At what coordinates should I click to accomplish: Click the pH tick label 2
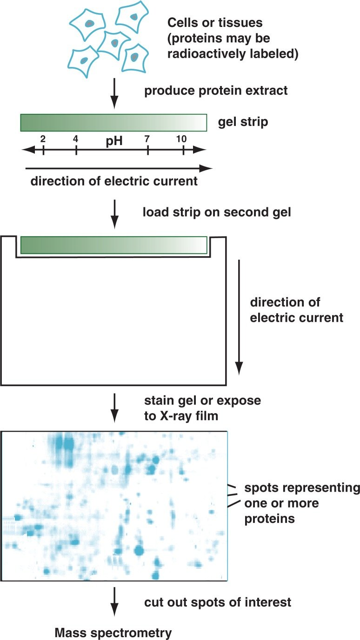tap(43, 139)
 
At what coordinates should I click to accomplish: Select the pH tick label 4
tap(76, 139)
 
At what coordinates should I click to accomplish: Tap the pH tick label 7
tap(147, 139)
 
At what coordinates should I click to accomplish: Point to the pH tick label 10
tap(182, 139)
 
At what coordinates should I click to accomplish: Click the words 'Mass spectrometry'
tap(113, 632)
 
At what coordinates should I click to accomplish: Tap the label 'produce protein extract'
tap(216, 90)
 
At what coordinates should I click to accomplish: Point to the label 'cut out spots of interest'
tap(218, 602)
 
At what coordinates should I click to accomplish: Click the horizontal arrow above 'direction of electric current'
tap(119, 168)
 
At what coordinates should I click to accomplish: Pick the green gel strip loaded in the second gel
tap(113, 245)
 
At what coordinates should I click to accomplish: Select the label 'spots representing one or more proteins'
tap(302, 503)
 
